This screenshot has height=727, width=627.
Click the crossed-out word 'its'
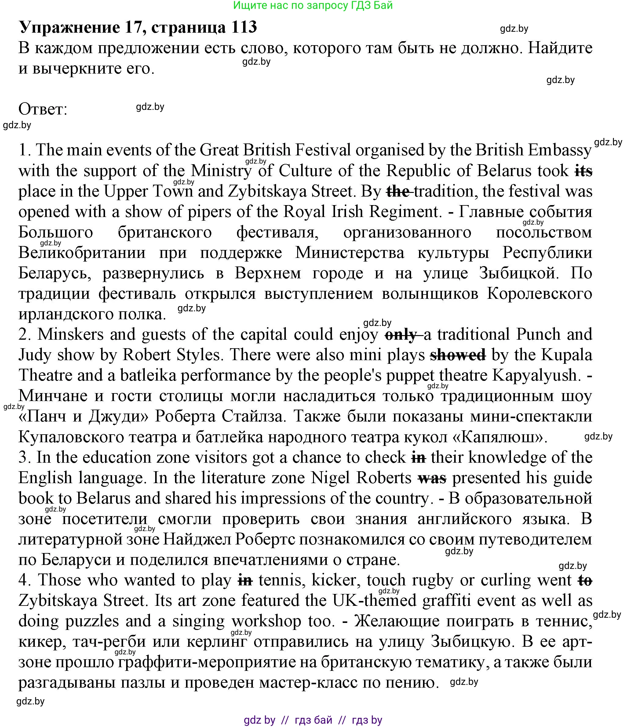pos(583,171)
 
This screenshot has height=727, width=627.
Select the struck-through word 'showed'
pos(458,355)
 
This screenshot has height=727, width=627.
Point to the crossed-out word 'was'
pos(432,478)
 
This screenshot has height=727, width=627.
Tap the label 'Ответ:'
pos(42,109)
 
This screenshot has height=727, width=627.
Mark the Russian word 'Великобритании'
pos(82,253)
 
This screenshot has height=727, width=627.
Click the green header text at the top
pos(313,5)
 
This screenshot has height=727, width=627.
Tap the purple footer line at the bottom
pos(313,720)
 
